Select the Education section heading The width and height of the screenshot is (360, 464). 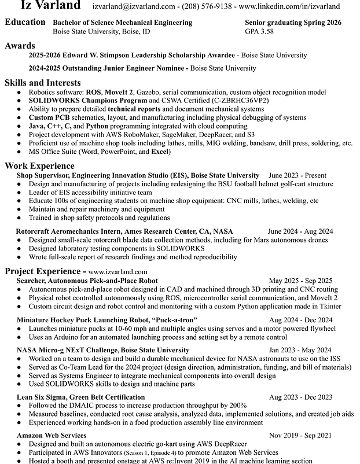25,22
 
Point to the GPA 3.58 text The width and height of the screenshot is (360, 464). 259,31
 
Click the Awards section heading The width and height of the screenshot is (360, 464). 20,46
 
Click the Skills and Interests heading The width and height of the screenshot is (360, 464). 43,83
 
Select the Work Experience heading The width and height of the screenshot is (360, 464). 39,165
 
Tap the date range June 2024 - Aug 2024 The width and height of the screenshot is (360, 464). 300,231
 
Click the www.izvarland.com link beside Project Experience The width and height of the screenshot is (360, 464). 118,271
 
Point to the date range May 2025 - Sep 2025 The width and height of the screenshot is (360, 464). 300,281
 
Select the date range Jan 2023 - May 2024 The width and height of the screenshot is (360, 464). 300,350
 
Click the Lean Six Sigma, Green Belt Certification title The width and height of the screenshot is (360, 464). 81,397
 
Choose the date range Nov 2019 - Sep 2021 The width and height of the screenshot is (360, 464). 300,434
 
